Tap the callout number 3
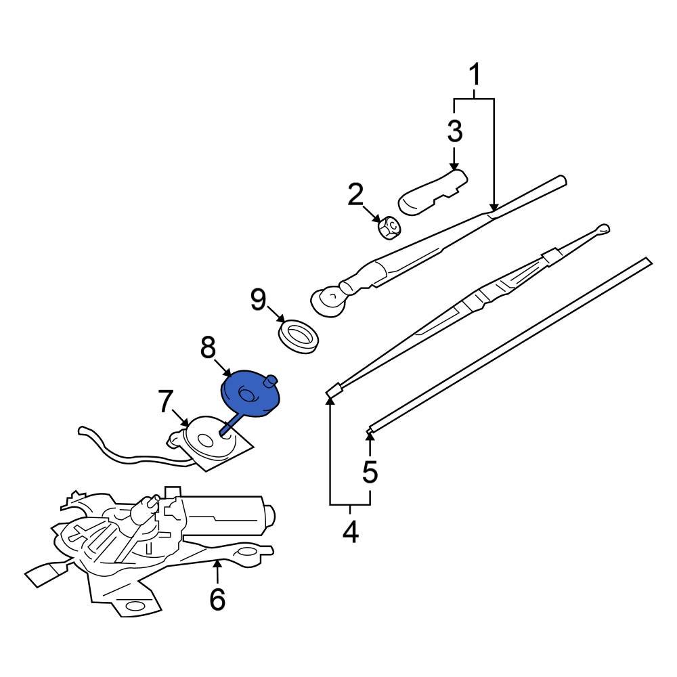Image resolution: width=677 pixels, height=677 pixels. pos(454,131)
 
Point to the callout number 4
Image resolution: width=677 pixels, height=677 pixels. pos(350,531)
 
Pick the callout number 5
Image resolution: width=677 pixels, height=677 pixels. pos(370,472)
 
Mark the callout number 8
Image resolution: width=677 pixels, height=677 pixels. pos(208,348)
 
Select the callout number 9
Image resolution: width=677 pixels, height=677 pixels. pos(259,300)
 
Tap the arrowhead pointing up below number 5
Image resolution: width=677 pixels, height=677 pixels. pos(370,434)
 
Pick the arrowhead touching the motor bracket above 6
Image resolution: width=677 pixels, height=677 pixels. pos(217,563)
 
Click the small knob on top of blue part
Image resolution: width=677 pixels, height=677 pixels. pos(273,380)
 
